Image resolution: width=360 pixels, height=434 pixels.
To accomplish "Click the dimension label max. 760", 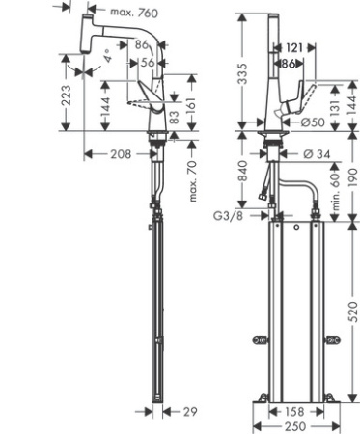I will pyautogui.click(x=134, y=13).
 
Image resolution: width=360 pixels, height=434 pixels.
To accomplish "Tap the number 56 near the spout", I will pyautogui.click(x=148, y=61).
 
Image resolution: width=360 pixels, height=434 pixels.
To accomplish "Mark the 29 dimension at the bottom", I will pyautogui.click(x=190, y=411).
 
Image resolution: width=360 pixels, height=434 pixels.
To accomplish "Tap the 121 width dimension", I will pyautogui.click(x=295, y=47).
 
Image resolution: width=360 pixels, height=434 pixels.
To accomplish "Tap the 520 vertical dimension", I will pyautogui.click(x=353, y=311).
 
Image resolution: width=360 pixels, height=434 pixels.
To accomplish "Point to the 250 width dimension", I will pyautogui.click(x=294, y=425).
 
